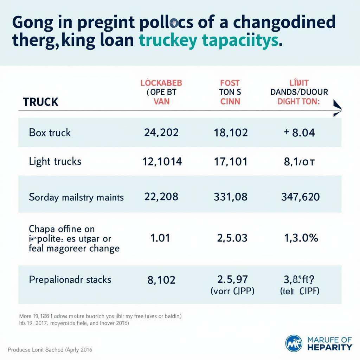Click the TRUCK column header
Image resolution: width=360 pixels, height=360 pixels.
point(40,102)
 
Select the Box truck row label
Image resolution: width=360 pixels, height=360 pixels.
point(50,133)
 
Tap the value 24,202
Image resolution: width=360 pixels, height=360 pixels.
point(161,133)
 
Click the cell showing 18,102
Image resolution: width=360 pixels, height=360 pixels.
point(231,133)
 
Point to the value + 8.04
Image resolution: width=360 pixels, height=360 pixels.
point(299,133)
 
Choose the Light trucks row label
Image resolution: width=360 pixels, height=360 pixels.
point(55,161)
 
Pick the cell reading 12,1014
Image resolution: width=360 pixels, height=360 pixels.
point(162,161)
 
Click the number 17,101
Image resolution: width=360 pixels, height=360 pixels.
point(231,161)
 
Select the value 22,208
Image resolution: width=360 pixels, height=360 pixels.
point(161,197)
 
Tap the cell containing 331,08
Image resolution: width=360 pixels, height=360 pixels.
point(231,197)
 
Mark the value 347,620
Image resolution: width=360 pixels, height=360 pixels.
point(300,197)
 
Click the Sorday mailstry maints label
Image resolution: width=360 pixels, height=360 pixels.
point(76,197)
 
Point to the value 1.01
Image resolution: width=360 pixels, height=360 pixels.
point(160,238)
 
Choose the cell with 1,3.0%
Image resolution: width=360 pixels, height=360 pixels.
point(301,238)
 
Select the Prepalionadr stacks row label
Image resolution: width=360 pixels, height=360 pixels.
point(70,280)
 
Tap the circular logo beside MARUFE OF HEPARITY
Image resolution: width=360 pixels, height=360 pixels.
point(294,343)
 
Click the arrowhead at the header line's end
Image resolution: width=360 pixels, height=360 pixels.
point(337,108)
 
